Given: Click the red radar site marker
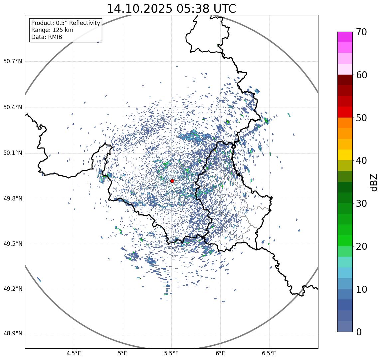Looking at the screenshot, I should pos(172,181).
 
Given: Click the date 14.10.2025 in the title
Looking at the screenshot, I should pos(139,9).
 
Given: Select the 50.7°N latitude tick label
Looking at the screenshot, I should pos(13,61).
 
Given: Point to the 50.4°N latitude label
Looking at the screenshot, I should pos(13,107).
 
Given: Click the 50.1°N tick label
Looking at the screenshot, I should pos(13,153).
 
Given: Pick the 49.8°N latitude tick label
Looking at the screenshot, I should pos(13,199).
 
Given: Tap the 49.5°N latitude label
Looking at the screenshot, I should pos(13,244).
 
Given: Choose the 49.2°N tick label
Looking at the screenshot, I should pos(13,289).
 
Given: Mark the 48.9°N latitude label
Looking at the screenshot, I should pos(13,334).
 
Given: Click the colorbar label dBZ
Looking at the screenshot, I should pos(374,182).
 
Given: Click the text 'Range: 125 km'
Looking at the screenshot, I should pos(52,30).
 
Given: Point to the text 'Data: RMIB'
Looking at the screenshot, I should pos(47,37).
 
